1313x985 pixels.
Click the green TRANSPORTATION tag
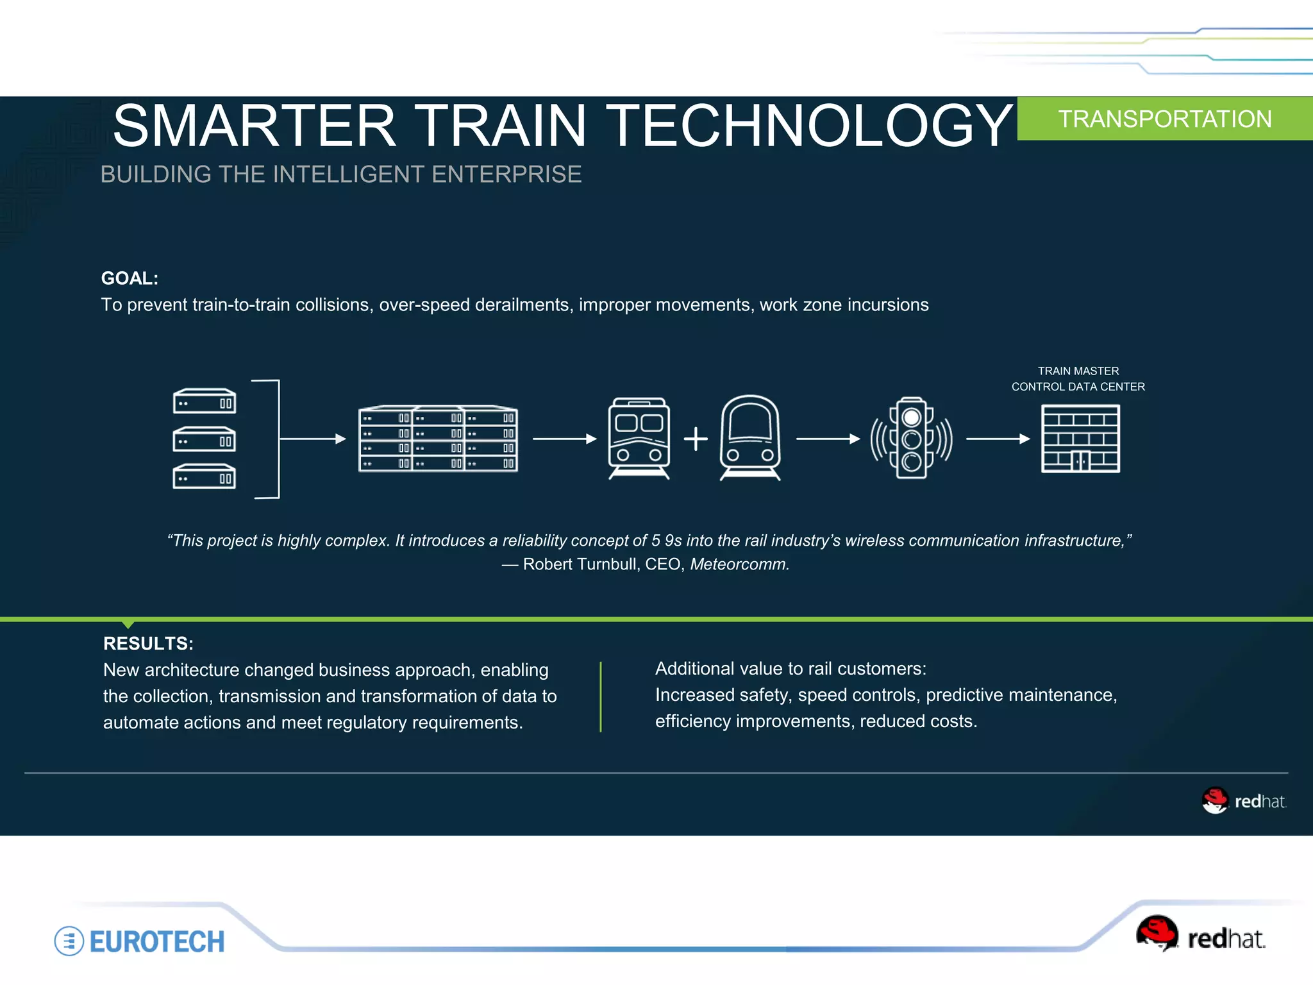pos(1164,119)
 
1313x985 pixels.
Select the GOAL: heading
pos(130,278)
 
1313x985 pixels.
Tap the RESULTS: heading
pos(148,643)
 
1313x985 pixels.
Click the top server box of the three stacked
pos(205,401)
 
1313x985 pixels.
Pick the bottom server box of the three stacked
pos(205,476)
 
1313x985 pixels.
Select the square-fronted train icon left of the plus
pos(639,439)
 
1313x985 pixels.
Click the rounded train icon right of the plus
pos(750,439)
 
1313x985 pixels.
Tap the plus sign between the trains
pos(696,439)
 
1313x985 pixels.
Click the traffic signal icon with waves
pos(911,439)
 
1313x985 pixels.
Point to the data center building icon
pos(1080,439)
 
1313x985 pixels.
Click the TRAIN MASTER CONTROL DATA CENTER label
pos(1078,379)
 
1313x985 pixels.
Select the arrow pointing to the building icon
pos(997,439)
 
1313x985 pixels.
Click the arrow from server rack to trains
pos(564,439)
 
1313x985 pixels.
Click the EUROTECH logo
pos(140,941)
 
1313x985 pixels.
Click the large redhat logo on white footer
pos(1200,935)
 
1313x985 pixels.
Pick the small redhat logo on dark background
pos(1244,801)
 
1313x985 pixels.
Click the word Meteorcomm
pos(739,564)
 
